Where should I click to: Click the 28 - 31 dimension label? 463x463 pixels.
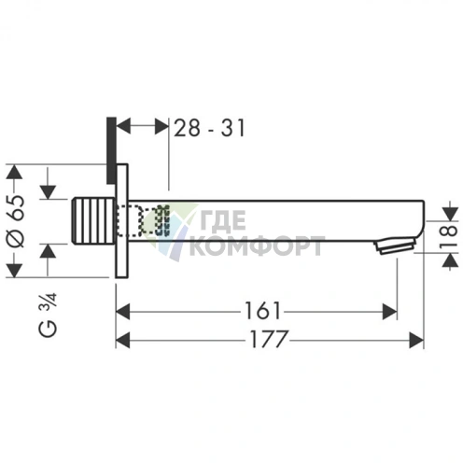click(210, 127)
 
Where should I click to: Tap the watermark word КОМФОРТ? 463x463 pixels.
click(256, 247)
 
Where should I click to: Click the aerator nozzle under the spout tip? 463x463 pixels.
click(392, 247)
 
